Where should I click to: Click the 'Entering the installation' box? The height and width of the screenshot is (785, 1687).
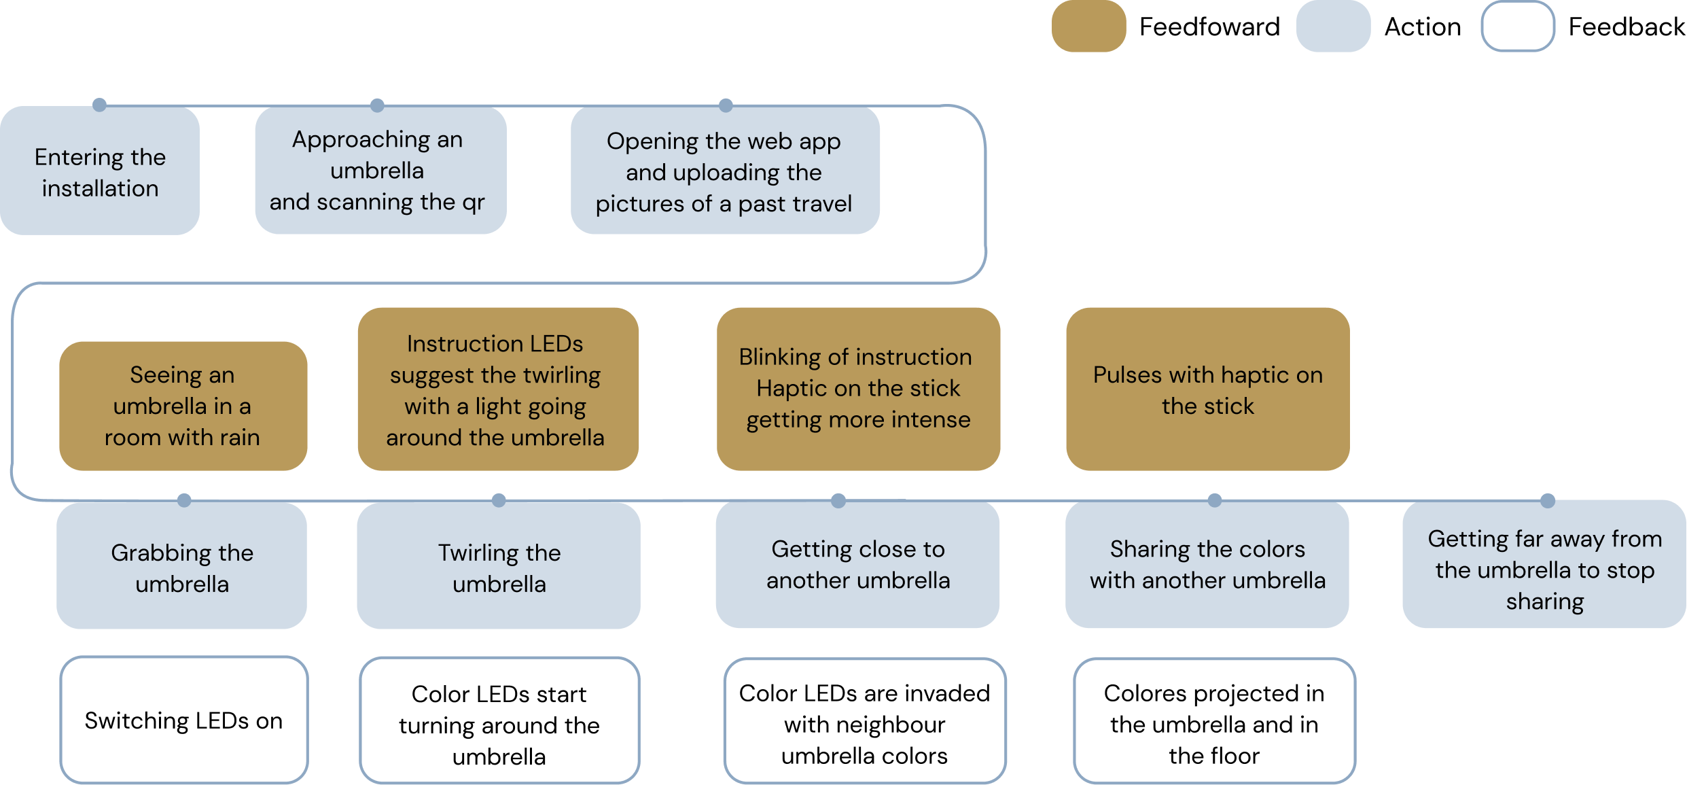tap(100, 171)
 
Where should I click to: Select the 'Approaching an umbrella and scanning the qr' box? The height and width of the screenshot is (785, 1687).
tap(380, 170)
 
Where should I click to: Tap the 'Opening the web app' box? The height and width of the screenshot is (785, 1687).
tap(724, 170)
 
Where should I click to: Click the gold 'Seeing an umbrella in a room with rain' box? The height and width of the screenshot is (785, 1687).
tap(183, 406)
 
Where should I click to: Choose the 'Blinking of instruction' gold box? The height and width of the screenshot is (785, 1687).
tap(857, 389)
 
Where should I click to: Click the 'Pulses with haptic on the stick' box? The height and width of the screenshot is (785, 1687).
tap(1207, 389)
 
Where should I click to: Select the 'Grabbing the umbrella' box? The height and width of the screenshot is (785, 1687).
tap(181, 566)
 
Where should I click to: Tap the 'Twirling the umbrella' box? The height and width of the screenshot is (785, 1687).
tap(498, 566)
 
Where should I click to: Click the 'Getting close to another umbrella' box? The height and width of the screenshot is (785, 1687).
tap(857, 565)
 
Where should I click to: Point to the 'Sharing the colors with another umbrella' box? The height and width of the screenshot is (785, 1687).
tap(1207, 565)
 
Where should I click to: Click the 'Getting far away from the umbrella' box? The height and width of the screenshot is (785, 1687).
tap(1544, 565)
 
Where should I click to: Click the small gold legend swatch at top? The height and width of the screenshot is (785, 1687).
tap(1088, 26)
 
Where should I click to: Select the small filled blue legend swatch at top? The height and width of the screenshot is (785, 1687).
tap(1333, 26)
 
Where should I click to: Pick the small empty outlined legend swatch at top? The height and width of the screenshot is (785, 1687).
tap(1517, 26)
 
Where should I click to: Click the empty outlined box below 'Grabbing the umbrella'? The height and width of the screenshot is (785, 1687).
tap(183, 719)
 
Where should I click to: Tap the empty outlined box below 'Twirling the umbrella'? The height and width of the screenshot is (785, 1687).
tap(499, 720)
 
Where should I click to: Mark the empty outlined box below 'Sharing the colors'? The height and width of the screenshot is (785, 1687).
tap(1214, 720)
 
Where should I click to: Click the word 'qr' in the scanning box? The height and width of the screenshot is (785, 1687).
tap(473, 203)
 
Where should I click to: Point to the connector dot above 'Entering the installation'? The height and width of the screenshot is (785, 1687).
tap(99, 103)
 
